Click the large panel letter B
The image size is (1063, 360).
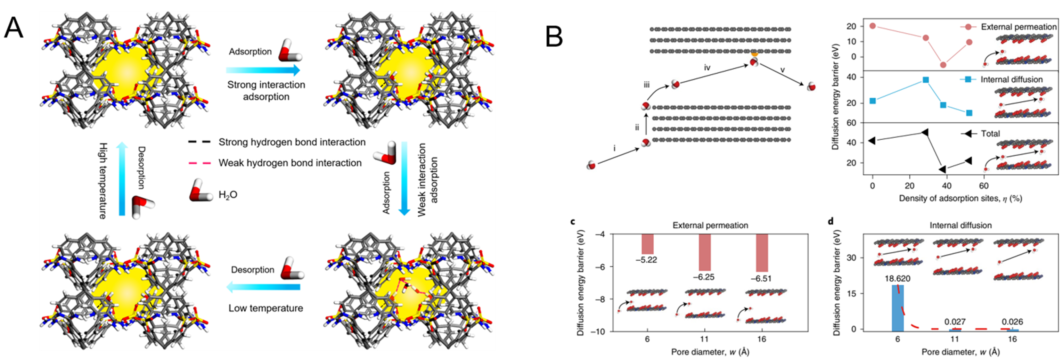(x=554, y=37)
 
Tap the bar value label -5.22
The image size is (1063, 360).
(x=646, y=260)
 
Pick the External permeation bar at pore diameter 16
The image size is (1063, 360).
(x=761, y=252)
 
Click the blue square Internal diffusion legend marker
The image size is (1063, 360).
(x=968, y=79)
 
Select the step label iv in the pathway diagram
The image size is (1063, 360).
(x=707, y=68)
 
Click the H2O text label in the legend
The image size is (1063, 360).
(x=228, y=195)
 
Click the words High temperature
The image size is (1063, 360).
(x=103, y=181)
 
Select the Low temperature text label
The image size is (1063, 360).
(x=266, y=308)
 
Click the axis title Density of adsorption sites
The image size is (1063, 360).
(x=960, y=198)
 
